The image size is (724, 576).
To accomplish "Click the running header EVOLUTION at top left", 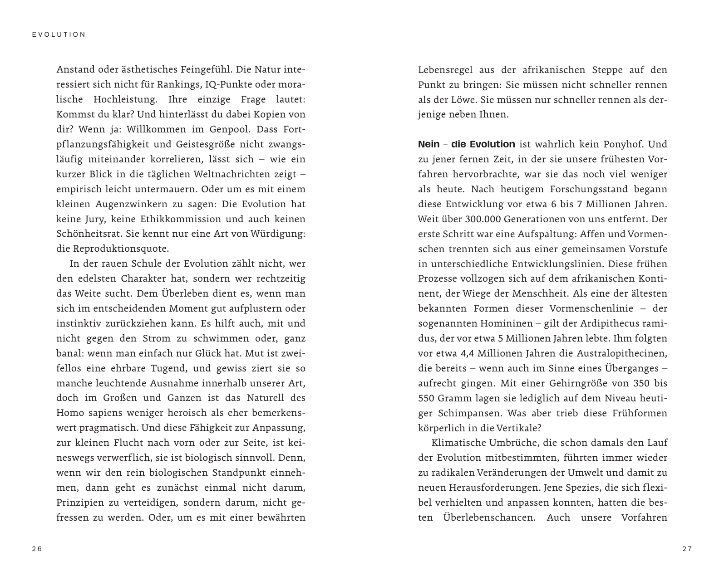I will coord(59,34).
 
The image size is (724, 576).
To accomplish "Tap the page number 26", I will coord(37,549).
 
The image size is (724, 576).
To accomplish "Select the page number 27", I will coord(687,549).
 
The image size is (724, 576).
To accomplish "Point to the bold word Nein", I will coord(428,144).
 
